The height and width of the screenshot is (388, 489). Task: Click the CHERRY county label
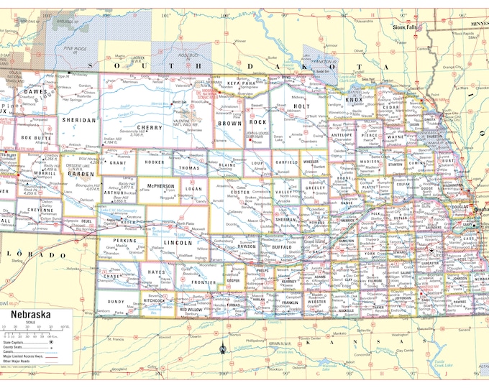click(155, 127)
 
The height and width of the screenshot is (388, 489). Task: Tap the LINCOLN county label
click(178, 243)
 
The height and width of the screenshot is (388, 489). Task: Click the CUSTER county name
click(239, 193)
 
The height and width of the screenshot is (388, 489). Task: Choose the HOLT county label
click(302, 106)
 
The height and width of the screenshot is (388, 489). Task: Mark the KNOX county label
click(355, 101)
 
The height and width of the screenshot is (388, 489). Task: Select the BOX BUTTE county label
click(36, 137)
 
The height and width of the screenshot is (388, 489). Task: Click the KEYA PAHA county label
click(242, 83)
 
